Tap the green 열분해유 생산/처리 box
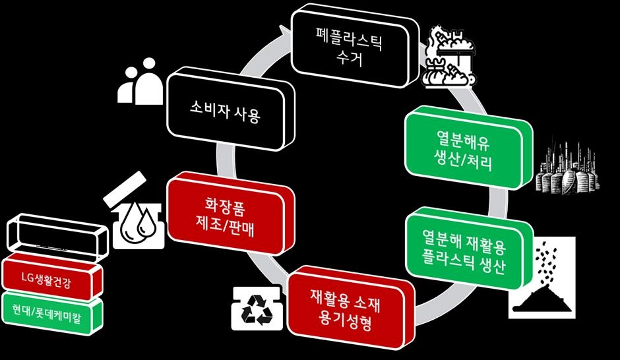pyautogui.click(x=462, y=148)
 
